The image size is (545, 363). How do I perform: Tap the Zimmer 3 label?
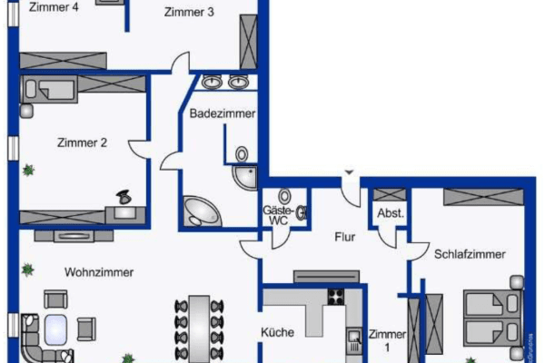point(189,12)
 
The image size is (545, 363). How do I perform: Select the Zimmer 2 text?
point(82,142)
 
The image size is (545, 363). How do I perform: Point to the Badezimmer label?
point(222,113)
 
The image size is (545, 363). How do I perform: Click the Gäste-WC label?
point(278,214)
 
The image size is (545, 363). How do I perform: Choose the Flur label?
point(344,237)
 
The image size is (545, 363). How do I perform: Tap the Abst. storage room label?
point(391,214)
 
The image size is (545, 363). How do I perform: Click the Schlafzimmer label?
point(469,254)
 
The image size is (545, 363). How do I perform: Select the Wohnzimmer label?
point(99,271)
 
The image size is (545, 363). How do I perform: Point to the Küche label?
point(277,332)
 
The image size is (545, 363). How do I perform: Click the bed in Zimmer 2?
point(53,88)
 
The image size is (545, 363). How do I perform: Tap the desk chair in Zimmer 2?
point(124,197)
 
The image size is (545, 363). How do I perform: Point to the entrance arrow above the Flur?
point(347,172)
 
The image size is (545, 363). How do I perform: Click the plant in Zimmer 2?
point(29,169)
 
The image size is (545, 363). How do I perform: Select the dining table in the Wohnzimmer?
point(196,327)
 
